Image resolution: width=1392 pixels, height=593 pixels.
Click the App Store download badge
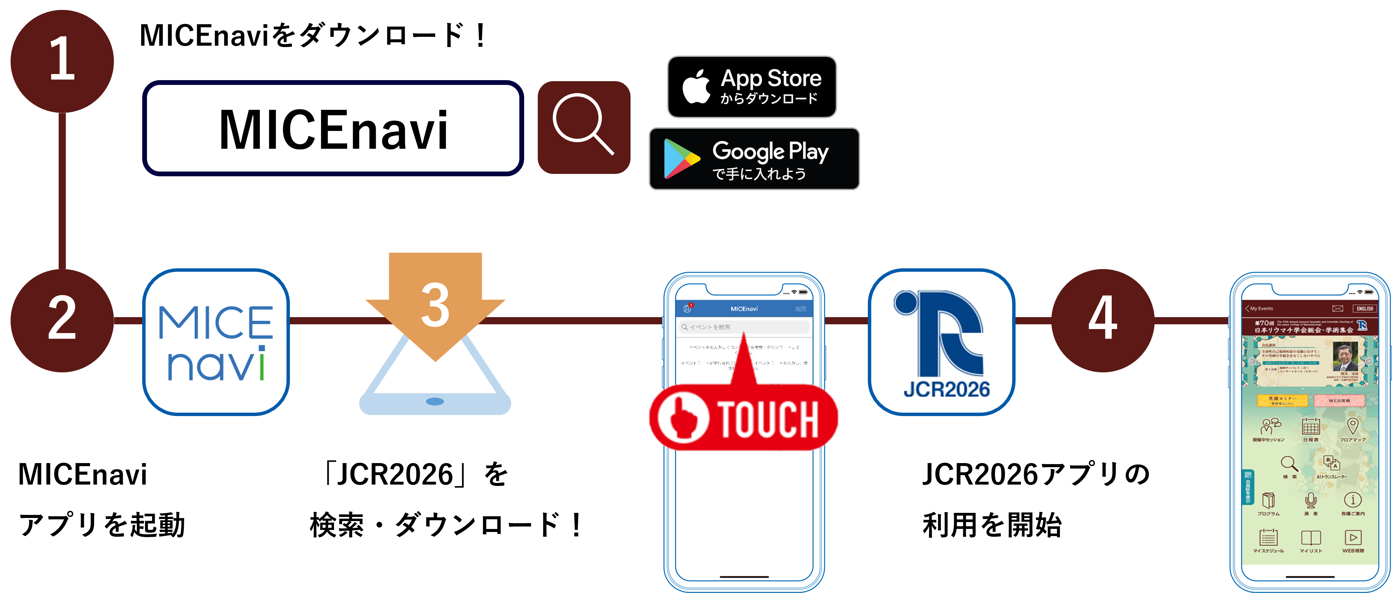pyautogui.click(x=752, y=87)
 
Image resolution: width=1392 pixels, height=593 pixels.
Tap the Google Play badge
pyautogui.click(x=754, y=159)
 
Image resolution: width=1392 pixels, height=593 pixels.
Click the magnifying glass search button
pyautogui.click(x=583, y=127)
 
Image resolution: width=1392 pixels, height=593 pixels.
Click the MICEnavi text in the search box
pyautogui.click(x=334, y=129)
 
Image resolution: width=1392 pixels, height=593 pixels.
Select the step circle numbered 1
pyautogui.click(x=62, y=61)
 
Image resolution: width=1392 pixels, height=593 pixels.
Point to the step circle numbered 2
pyautogui.click(x=62, y=320)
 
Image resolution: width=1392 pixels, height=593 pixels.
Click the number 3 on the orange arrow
pyautogui.click(x=435, y=306)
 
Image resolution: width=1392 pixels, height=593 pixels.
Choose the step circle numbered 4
pyautogui.click(x=1102, y=320)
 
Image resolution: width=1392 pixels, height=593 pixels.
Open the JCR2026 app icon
pyautogui.click(x=941, y=342)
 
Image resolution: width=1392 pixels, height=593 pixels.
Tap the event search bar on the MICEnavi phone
pyautogui.click(x=744, y=327)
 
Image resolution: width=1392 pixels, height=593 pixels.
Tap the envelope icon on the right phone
pyautogui.click(x=1337, y=309)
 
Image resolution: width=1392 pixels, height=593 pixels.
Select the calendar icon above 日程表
pyautogui.click(x=1310, y=427)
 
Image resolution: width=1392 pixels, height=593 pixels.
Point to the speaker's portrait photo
pyautogui.click(x=1345, y=357)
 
